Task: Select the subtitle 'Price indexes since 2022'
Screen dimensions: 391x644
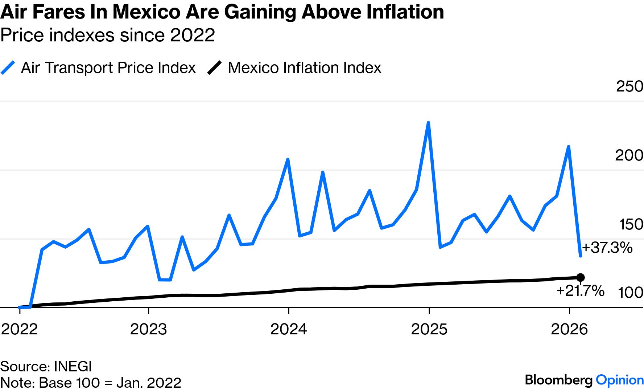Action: point(108,35)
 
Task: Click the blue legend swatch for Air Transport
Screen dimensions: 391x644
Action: point(8,68)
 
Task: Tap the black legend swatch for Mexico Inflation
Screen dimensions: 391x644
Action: point(214,68)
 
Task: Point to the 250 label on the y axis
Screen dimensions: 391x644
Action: point(629,86)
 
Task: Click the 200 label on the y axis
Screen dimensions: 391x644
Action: point(629,155)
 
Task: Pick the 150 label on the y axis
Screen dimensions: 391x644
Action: point(631,224)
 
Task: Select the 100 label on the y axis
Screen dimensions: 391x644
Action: point(631,293)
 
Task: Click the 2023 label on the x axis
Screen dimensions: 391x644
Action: point(148,329)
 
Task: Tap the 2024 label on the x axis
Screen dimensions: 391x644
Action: point(289,329)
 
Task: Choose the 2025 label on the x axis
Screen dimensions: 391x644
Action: point(429,329)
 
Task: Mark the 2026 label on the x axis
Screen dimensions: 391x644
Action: point(569,329)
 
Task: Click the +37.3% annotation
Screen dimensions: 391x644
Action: point(607,248)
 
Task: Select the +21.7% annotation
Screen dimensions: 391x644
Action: point(580,291)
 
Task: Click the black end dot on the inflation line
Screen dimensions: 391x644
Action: point(580,278)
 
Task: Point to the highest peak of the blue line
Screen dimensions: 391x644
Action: point(428,123)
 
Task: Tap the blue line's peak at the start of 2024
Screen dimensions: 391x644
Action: point(288,159)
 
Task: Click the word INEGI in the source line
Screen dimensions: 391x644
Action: point(73,366)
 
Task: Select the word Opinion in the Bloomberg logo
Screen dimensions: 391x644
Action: point(620,380)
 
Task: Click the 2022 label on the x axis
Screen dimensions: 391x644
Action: point(20,329)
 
